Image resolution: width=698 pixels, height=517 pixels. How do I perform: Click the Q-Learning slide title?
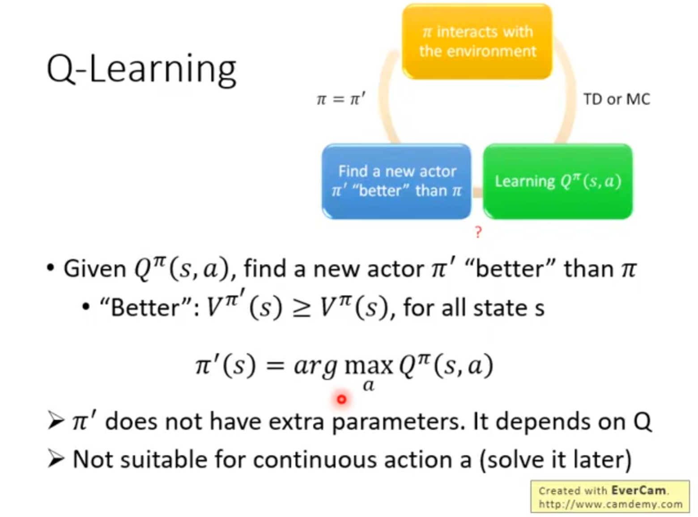tap(141, 69)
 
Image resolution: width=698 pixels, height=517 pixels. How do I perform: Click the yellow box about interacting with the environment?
tap(477, 42)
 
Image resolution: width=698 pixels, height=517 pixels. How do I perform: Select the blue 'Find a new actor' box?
tap(396, 181)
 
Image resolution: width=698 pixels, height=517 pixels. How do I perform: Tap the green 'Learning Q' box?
tap(558, 181)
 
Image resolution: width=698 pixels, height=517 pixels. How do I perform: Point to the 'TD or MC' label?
tap(617, 99)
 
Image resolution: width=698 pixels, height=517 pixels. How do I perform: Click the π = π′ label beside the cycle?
tap(341, 99)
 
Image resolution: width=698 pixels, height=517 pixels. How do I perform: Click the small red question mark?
tap(478, 233)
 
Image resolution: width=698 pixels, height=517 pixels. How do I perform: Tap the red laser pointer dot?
tap(341, 400)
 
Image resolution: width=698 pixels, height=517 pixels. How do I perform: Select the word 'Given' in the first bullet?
tap(95, 269)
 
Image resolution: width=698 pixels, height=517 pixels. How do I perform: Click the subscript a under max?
tap(369, 386)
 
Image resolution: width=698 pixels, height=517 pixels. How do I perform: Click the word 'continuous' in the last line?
tap(315, 459)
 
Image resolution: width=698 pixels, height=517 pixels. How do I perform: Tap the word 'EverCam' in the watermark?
tap(638, 490)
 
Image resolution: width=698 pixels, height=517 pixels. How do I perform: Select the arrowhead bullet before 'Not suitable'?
tap(56, 459)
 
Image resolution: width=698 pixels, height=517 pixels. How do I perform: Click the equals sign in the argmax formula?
tap(275, 367)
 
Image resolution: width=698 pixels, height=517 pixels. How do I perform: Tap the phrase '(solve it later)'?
tap(556, 460)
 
